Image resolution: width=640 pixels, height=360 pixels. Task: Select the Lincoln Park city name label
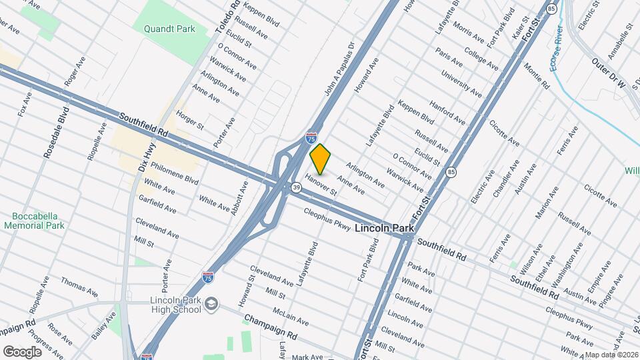coord(384,228)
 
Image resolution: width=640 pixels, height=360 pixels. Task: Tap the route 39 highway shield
coord(295,187)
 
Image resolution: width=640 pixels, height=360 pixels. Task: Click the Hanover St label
coord(321,185)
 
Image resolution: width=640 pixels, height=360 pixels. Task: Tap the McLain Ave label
coord(291,316)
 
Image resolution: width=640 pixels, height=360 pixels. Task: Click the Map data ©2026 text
coord(611,355)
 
